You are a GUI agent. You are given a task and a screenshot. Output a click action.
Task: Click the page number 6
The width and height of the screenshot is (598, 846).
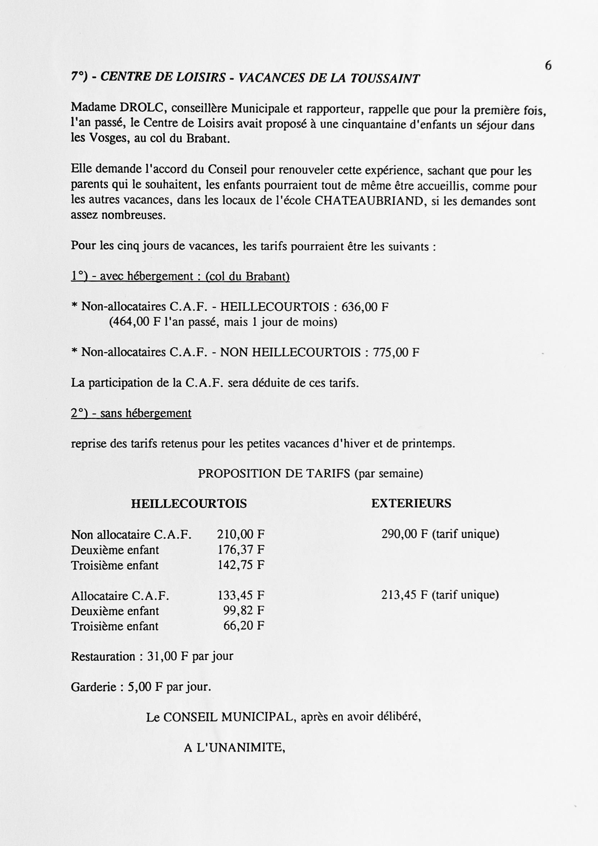tap(548, 66)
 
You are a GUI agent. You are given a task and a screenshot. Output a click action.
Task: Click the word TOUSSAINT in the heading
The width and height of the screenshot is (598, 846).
tap(385, 78)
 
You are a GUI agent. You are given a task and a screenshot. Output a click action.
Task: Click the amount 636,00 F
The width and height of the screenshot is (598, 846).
tap(365, 307)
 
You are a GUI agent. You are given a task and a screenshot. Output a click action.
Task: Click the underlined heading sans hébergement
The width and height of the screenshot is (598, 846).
tap(145, 413)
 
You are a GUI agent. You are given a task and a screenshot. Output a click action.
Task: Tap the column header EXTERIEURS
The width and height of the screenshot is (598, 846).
tap(411, 503)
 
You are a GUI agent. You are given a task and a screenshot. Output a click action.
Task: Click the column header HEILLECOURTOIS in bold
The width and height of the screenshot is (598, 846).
tap(189, 504)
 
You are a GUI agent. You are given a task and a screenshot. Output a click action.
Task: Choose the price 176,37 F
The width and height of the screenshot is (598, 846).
tap(241, 550)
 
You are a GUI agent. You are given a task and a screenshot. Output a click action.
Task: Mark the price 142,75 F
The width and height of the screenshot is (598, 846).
tap(241, 565)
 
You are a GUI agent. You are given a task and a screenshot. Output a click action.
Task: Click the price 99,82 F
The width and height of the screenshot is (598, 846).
tap(244, 611)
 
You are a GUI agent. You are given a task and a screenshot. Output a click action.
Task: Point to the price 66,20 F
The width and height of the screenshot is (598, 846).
tap(244, 626)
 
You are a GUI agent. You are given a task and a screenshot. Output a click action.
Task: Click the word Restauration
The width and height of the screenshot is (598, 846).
tap(103, 657)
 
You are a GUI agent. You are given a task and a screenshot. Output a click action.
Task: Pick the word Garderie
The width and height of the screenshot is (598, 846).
tap(94, 687)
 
